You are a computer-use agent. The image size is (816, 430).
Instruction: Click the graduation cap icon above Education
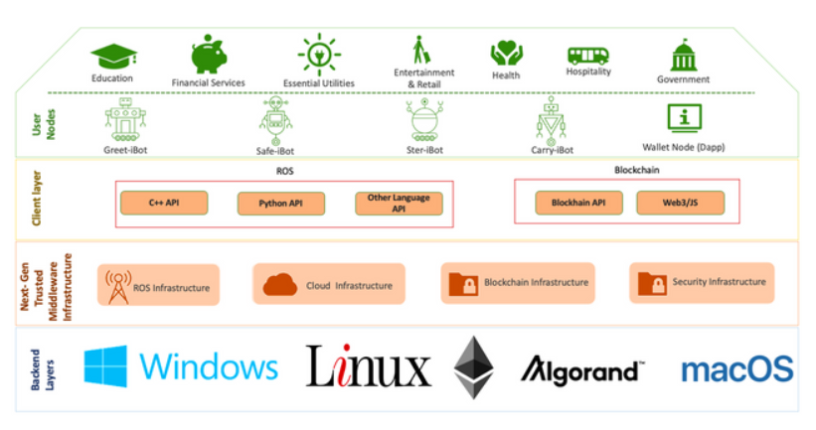tap(113, 56)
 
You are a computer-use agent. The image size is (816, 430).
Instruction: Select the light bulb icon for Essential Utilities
tap(318, 53)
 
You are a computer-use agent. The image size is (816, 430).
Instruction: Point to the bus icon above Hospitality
tap(587, 55)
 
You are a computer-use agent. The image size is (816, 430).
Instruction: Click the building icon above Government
tap(684, 56)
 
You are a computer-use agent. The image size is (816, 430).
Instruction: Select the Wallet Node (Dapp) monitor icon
tap(684, 118)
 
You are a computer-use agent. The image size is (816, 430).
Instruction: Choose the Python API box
tap(281, 204)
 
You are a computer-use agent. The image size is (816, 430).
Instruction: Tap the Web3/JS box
tap(680, 204)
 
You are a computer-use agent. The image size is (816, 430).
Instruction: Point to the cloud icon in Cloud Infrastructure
tap(279, 286)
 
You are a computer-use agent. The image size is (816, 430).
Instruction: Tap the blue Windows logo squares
tap(105, 366)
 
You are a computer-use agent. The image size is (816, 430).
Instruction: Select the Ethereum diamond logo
tap(474, 367)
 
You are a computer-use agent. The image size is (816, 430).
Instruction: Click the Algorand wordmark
tap(582, 370)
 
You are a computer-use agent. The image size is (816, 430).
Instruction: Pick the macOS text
tap(736, 369)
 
